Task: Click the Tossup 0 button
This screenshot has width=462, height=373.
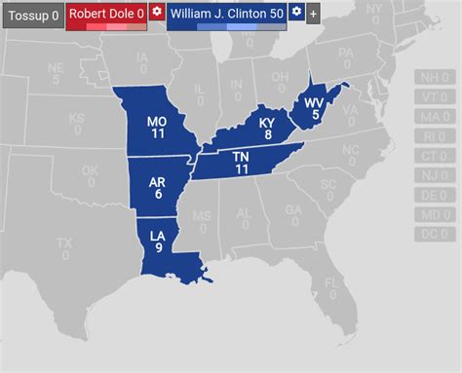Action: (32, 15)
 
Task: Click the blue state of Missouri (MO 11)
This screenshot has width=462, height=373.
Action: (156, 128)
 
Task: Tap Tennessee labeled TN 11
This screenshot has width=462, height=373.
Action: (242, 163)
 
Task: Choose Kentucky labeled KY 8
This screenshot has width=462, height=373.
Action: (265, 128)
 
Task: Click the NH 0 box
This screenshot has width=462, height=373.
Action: (430, 78)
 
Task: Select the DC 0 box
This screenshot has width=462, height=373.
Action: (430, 234)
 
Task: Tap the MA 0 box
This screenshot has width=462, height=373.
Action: (430, 117)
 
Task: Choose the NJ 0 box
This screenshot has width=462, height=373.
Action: (430, 175)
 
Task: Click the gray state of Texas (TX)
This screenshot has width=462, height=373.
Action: (63, 246)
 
